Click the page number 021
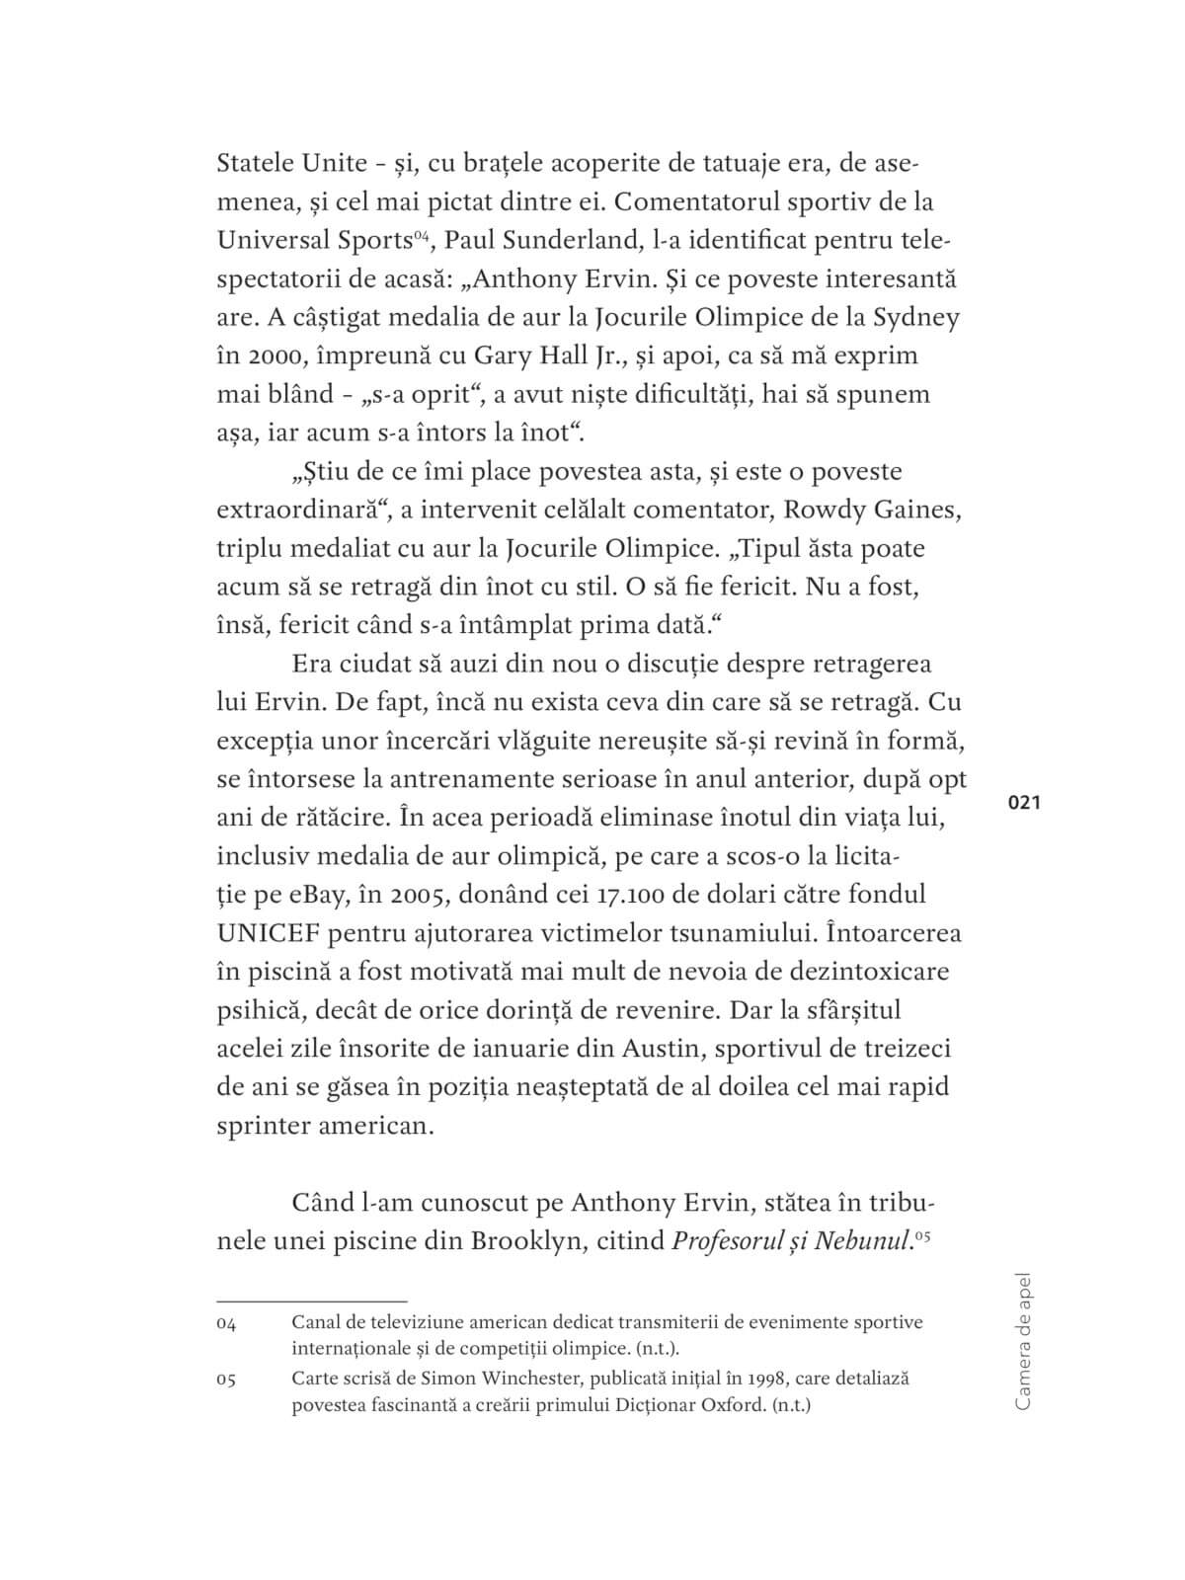[1024, 803]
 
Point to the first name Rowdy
[833, 510]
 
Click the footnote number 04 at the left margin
[226, 1323]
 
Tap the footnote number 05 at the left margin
[226, 1379]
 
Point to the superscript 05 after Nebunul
[923, 1233]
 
